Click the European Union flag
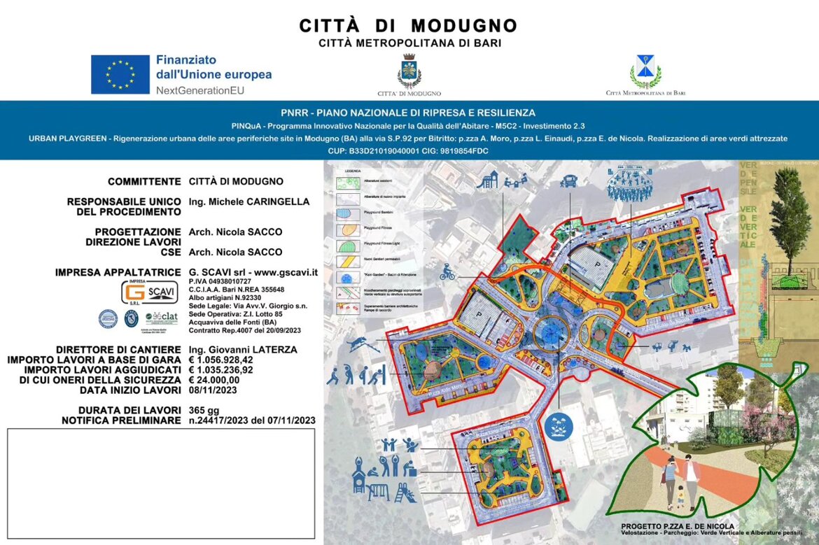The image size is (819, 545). pyautogui.click(x=120, y=74)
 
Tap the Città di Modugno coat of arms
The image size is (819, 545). pyautogui.click(x=409, y=71)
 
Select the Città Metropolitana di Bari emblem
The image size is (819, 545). pyautogui.click(x=645, y=71)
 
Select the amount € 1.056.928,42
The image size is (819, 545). pyautogui.click(x=221, y=360)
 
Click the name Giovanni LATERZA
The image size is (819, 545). pyautogui.click(x=243, y=350)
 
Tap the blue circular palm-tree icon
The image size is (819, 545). pyautogui.click(x=559, y=424)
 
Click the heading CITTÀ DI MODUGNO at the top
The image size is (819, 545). pyautogui.click(x=409, y=26)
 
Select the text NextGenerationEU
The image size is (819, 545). pyautogui.click(x=200, y=90)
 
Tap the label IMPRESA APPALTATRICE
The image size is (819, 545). pyautogui.click(x=119, y=272)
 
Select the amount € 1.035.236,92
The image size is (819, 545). pyautogui.click(x=221, y=370)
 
